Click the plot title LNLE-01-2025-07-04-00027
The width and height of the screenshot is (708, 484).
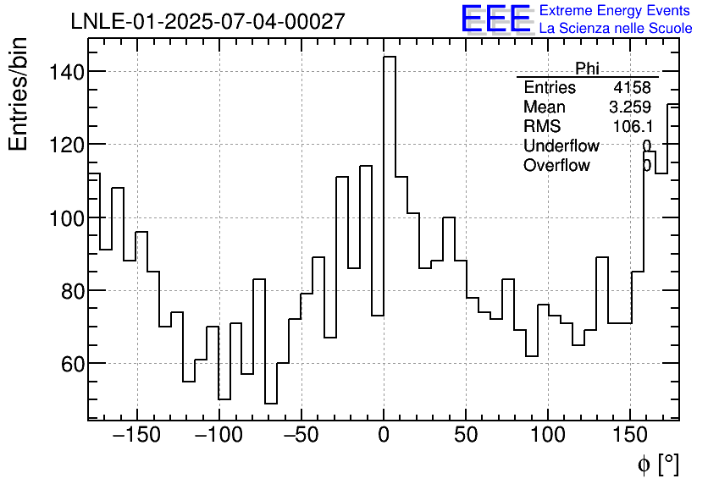tap(207, 21)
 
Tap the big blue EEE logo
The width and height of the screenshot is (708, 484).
tap(495, 19)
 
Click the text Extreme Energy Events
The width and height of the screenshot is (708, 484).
tap(615, 11)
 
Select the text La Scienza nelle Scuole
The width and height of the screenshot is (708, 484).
tap(615, 29)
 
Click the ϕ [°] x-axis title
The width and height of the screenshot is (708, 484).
tap(657, 464)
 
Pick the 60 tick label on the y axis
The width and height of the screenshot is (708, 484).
tap(67, 364)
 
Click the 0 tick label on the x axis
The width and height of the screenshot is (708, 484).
tap(384, 437)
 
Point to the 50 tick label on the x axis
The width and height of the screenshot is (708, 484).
tap(466, 437)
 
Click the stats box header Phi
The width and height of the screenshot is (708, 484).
tap(587, 69)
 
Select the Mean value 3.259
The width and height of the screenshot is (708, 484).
tap(629, 107)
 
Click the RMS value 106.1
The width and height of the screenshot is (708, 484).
tap(632, 127)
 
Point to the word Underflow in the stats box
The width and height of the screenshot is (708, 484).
tap(561, 146)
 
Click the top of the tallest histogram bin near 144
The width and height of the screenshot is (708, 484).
tap(390, 58)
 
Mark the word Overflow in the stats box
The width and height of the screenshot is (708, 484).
tap(556, 166)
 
